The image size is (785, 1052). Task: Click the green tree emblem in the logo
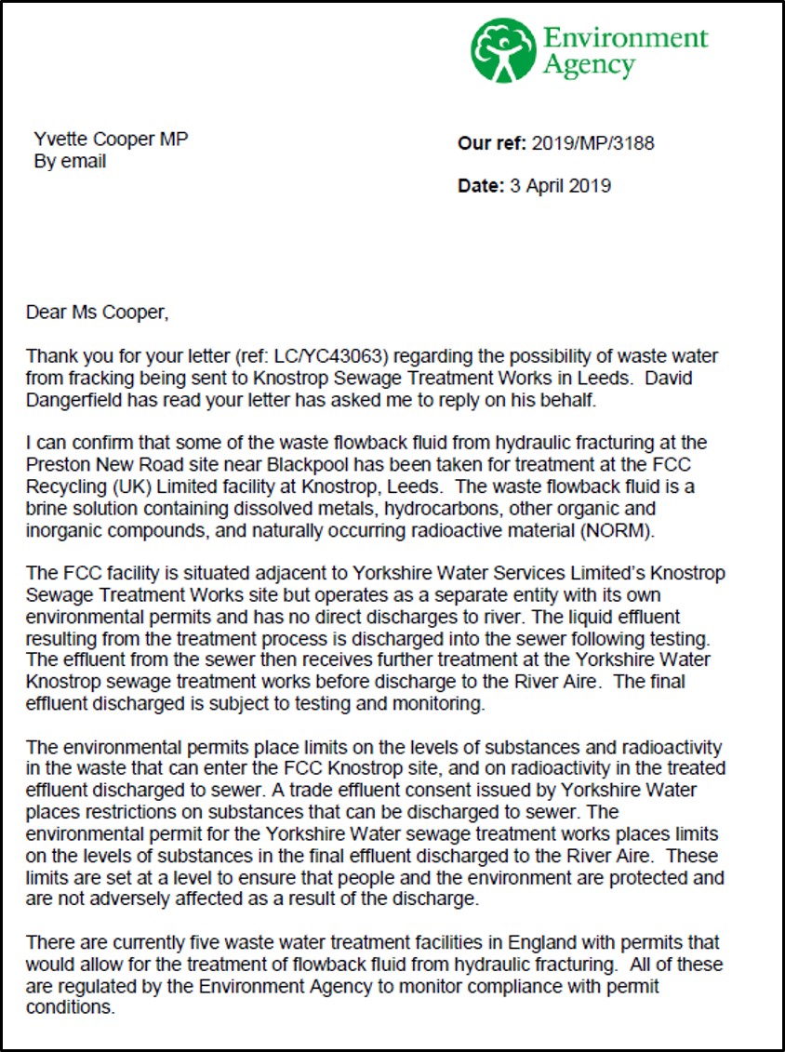(503, 49)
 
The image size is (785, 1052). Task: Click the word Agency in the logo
(589, 65)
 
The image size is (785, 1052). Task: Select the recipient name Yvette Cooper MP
(111, 140)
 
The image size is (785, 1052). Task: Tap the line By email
(70, 162)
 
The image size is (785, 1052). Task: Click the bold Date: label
(481, 186)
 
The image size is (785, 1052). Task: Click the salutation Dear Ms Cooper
(98, 313)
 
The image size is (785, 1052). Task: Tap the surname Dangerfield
(80, 398)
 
